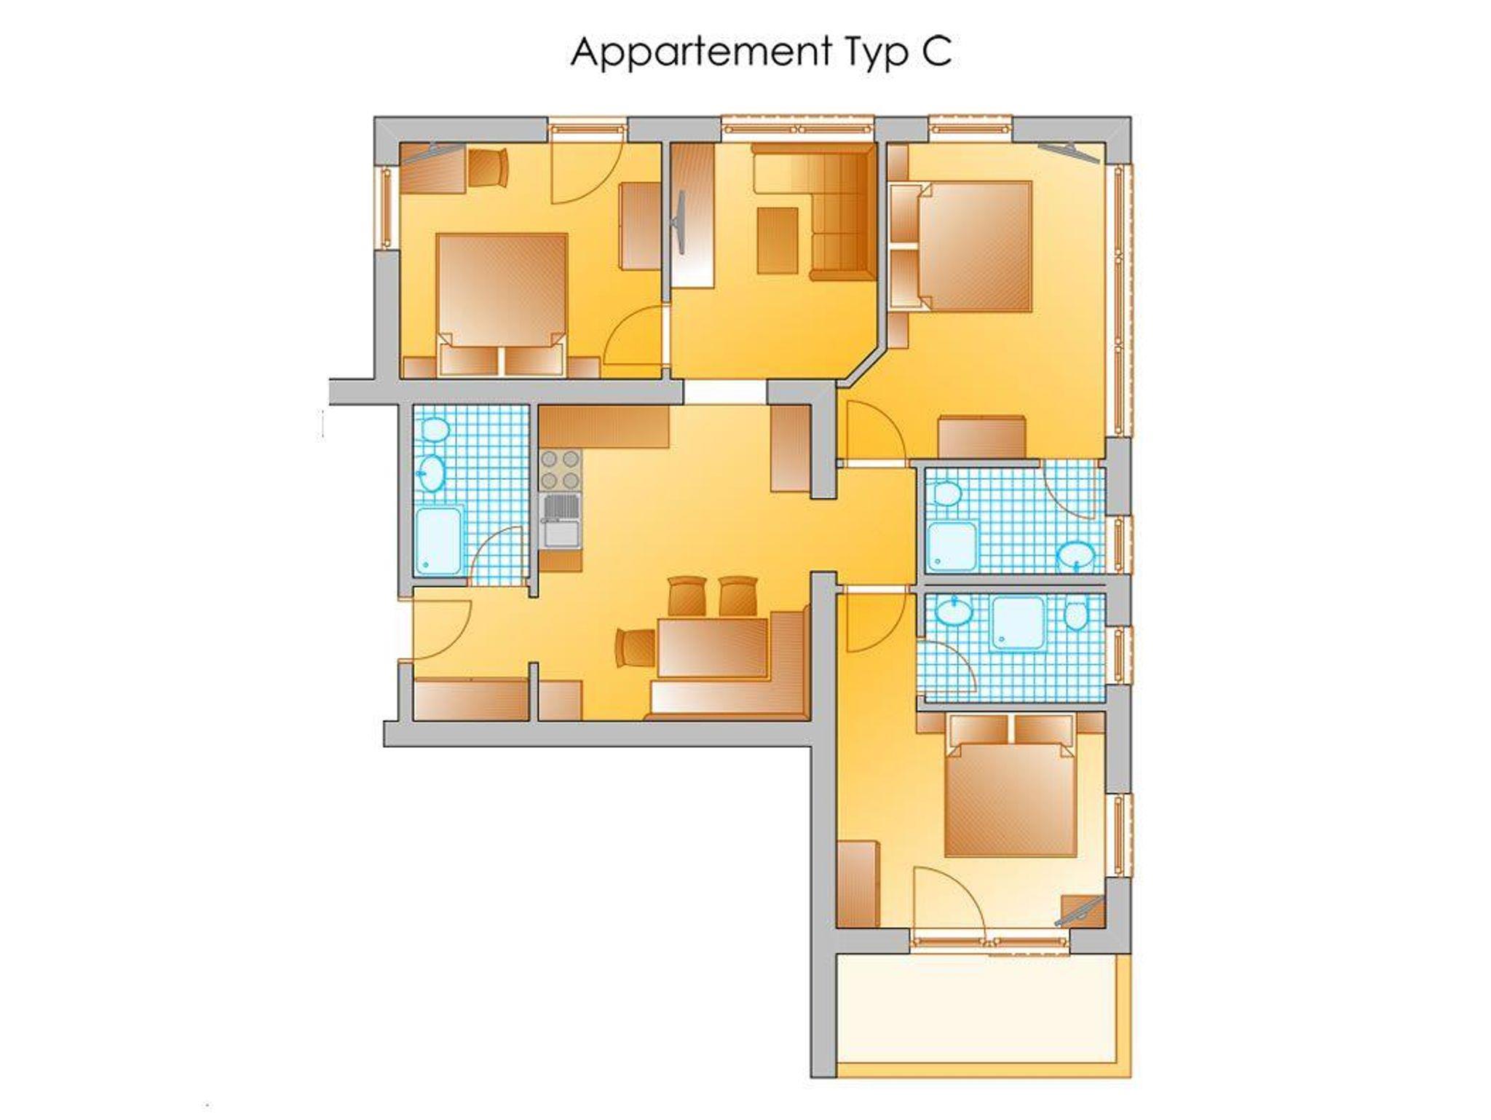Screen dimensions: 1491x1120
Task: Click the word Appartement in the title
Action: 700,53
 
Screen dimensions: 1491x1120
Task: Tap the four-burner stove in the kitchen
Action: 561,470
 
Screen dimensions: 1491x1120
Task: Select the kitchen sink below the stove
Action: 561,521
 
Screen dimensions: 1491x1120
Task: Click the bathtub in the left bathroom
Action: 438,541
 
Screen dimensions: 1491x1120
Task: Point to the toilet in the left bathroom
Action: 435,429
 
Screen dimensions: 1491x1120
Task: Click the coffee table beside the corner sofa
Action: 778,240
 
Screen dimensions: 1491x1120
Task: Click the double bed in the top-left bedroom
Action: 502,302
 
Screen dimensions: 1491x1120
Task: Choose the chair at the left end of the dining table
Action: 636,647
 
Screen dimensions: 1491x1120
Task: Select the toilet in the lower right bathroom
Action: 1075,615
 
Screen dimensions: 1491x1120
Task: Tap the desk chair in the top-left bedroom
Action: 488,167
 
